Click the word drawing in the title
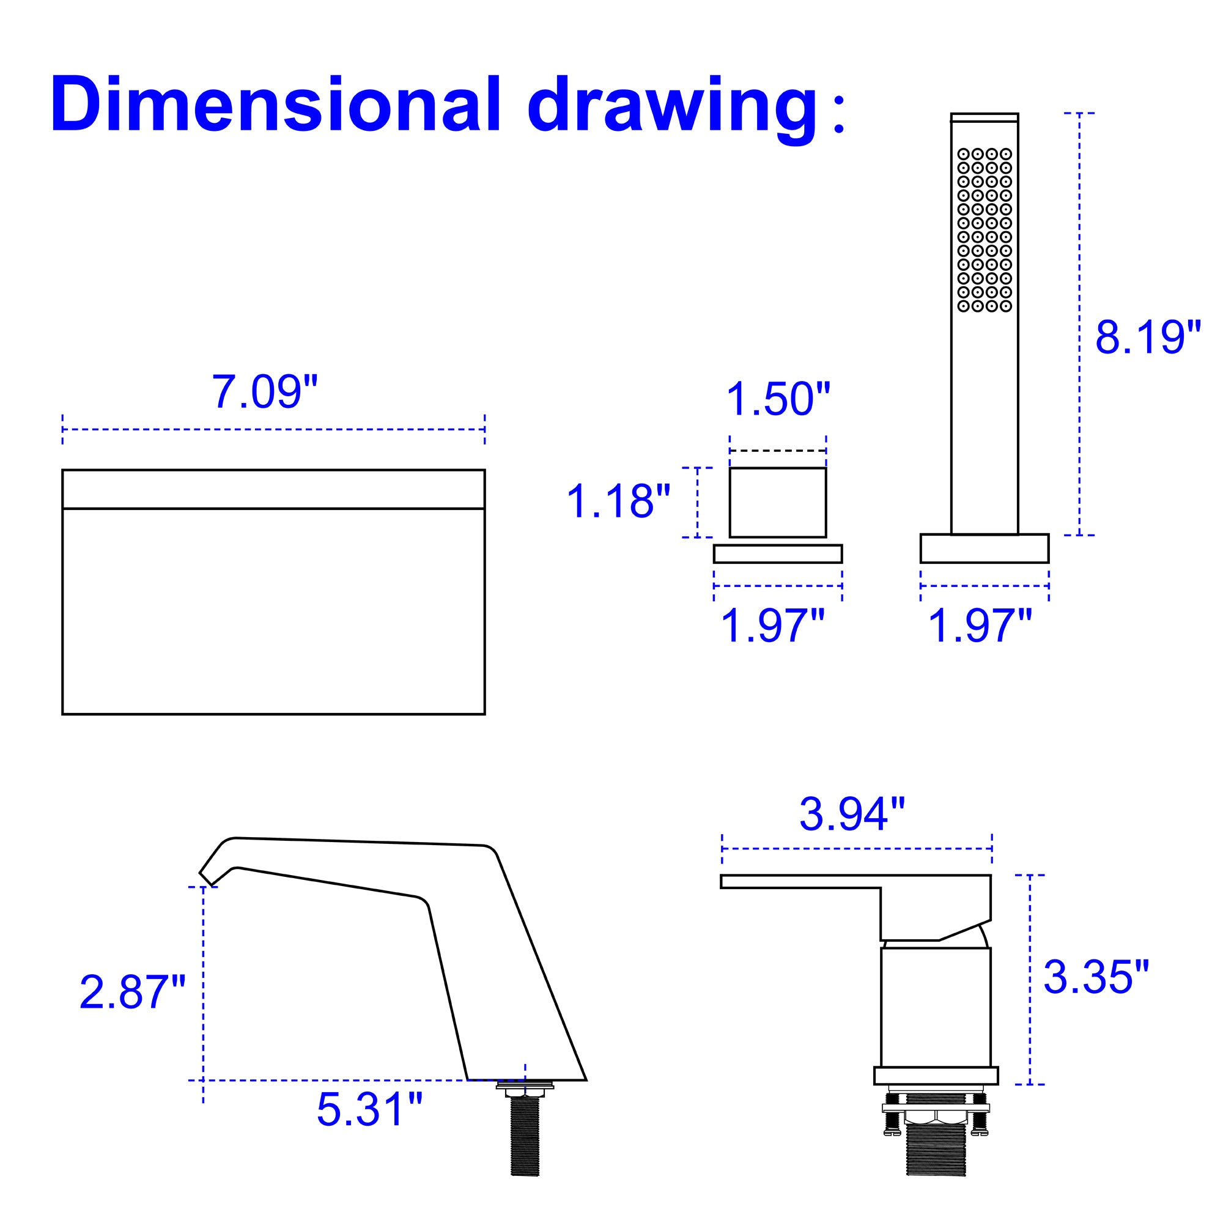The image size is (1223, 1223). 673,109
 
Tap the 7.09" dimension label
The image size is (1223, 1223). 264,392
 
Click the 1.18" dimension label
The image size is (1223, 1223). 618,501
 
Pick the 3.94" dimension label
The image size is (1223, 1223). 852,814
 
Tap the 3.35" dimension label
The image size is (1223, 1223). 1096,977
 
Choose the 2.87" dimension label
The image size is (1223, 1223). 133,992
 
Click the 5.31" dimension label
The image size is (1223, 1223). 370,1110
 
